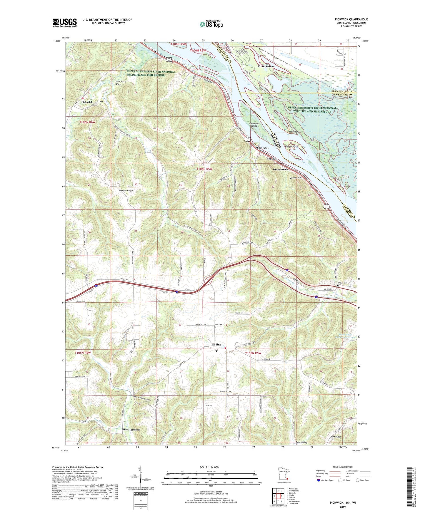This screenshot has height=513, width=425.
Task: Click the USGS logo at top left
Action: click(64, 23)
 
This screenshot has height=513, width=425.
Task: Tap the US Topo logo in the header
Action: click(211, 24)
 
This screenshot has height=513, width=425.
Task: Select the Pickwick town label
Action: click(87, 102)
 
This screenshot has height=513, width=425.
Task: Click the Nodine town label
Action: click(216, 344)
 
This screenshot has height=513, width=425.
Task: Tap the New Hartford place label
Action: click(131, 430)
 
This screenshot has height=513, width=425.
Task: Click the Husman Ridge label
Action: click(126, 191)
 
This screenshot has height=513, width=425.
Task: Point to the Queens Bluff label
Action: click(296, 178)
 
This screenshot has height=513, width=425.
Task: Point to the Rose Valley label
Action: click(301, 442)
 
